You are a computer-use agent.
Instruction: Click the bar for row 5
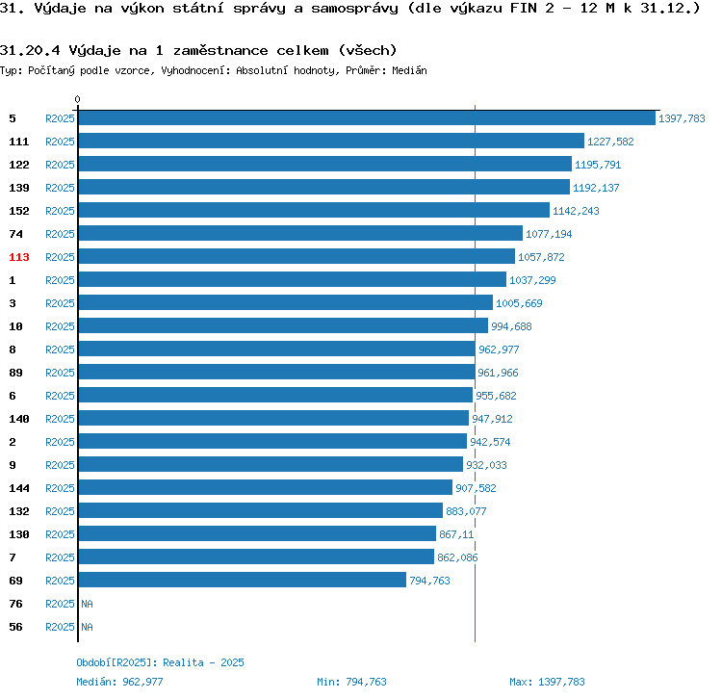pos(366,118)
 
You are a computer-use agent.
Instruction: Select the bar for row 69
pos(242,581)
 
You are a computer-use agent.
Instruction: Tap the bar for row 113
pos(297,257)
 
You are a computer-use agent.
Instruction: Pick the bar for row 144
pos(265,488)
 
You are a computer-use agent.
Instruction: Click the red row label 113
pos(19,257)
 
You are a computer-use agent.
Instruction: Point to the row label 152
pos(19,211)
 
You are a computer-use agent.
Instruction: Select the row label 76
pos(15,604)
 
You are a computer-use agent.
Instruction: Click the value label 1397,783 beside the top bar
pos(682,119)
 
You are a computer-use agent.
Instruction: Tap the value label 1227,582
pos(610,142)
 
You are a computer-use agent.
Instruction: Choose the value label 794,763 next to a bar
pos(429,582)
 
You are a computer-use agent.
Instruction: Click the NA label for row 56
pos(87,627)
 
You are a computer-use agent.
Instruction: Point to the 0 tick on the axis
pos(78,99)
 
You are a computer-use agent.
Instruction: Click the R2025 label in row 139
pos(60,188)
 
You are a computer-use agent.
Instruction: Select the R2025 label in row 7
pos(60,557)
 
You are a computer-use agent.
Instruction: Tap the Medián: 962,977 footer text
pos(119,682)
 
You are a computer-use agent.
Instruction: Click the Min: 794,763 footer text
pos(351,682)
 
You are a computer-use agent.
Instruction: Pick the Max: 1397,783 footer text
pos(547,682)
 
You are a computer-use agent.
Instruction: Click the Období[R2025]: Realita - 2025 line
pos(160,662)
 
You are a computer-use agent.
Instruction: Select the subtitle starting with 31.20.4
pos(198,50)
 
